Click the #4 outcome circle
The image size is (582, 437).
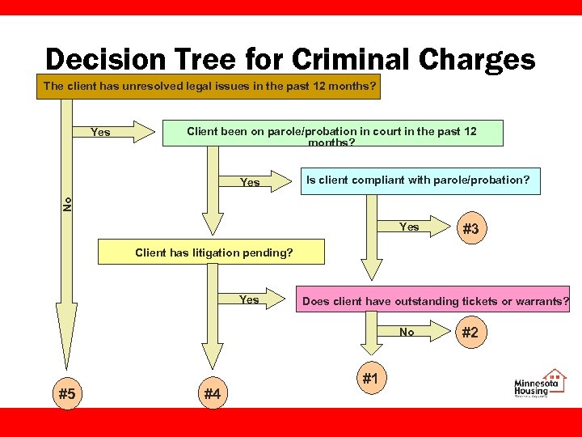(x=213, y=393)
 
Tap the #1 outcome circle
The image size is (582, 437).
(x=371, y=377)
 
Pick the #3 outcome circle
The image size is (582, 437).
(x=470, y=229)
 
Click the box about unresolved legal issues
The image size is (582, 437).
(x=209, y=86)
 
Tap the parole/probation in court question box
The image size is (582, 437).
(x=331, y=133)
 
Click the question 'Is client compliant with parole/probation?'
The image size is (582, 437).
(x=416, y=180)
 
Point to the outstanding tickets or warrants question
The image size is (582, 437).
(x=435, y=302)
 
